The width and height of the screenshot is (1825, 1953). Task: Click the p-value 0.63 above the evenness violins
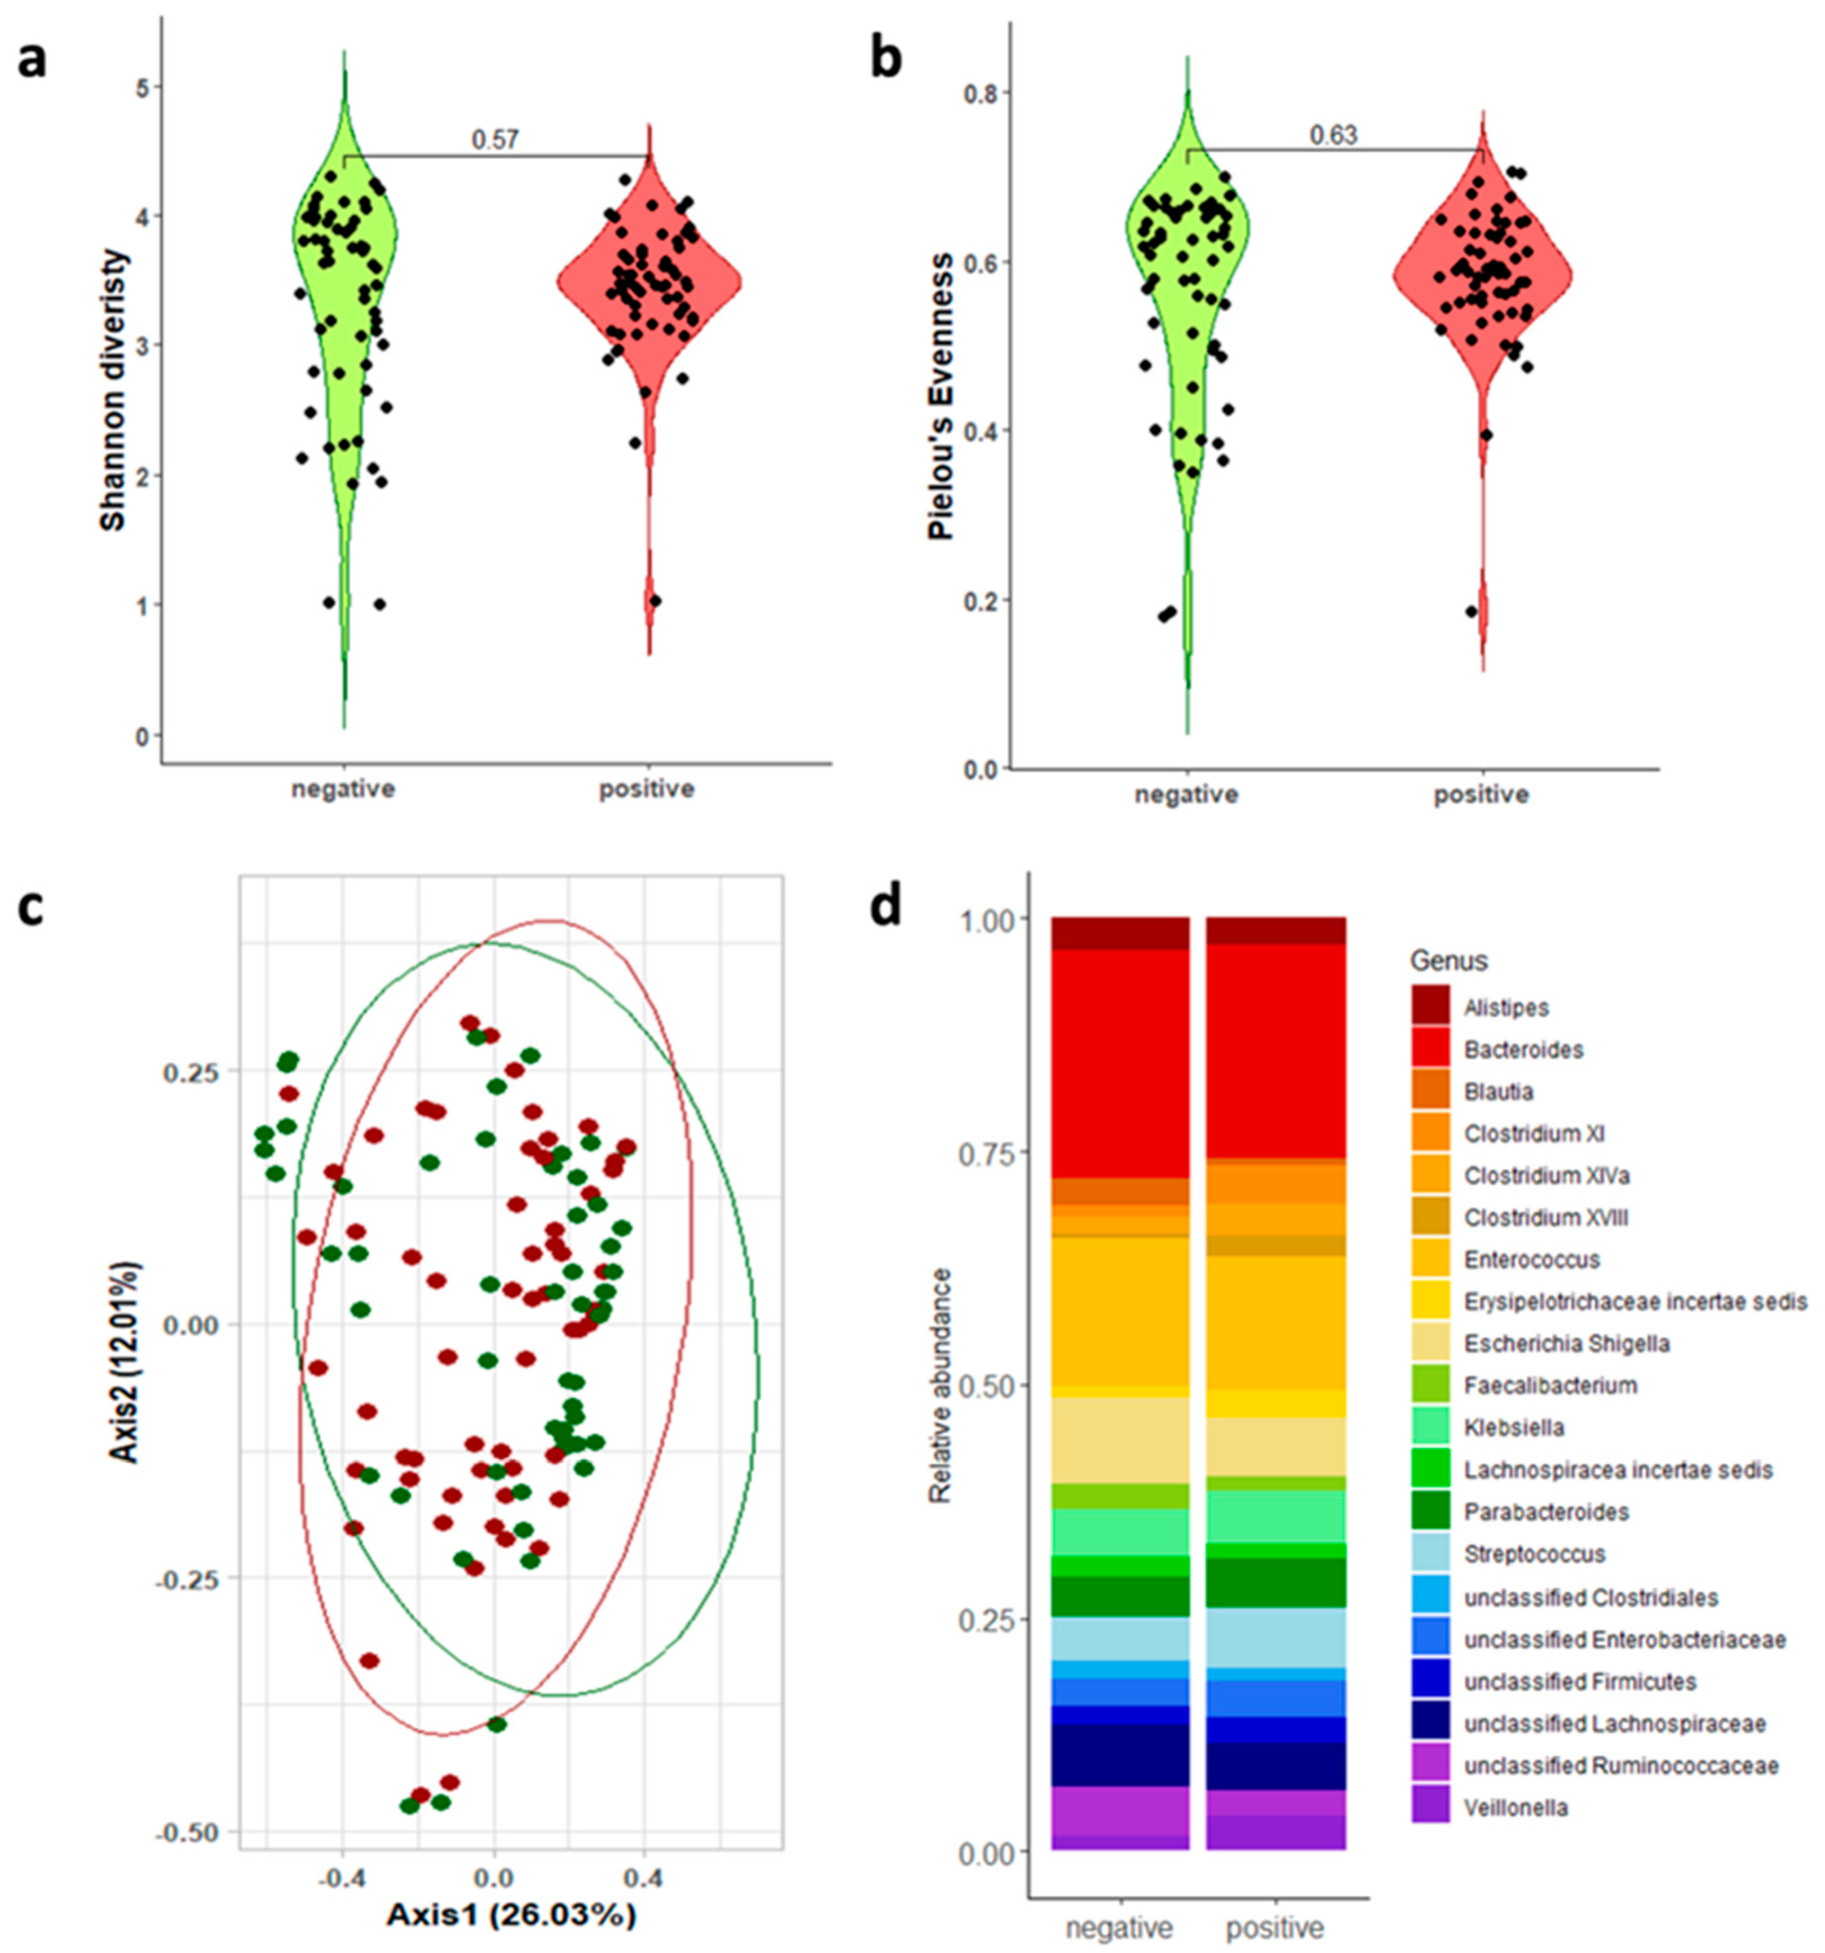[x=1333, y=135]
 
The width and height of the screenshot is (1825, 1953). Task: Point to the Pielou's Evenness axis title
[x=941, y=397]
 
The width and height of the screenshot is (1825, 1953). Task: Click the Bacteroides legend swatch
[x=1430, y=1049]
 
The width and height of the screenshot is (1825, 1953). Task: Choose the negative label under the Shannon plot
[x=343, y=789]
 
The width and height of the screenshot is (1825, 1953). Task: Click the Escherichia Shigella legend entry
[x=1566, y=1343]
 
